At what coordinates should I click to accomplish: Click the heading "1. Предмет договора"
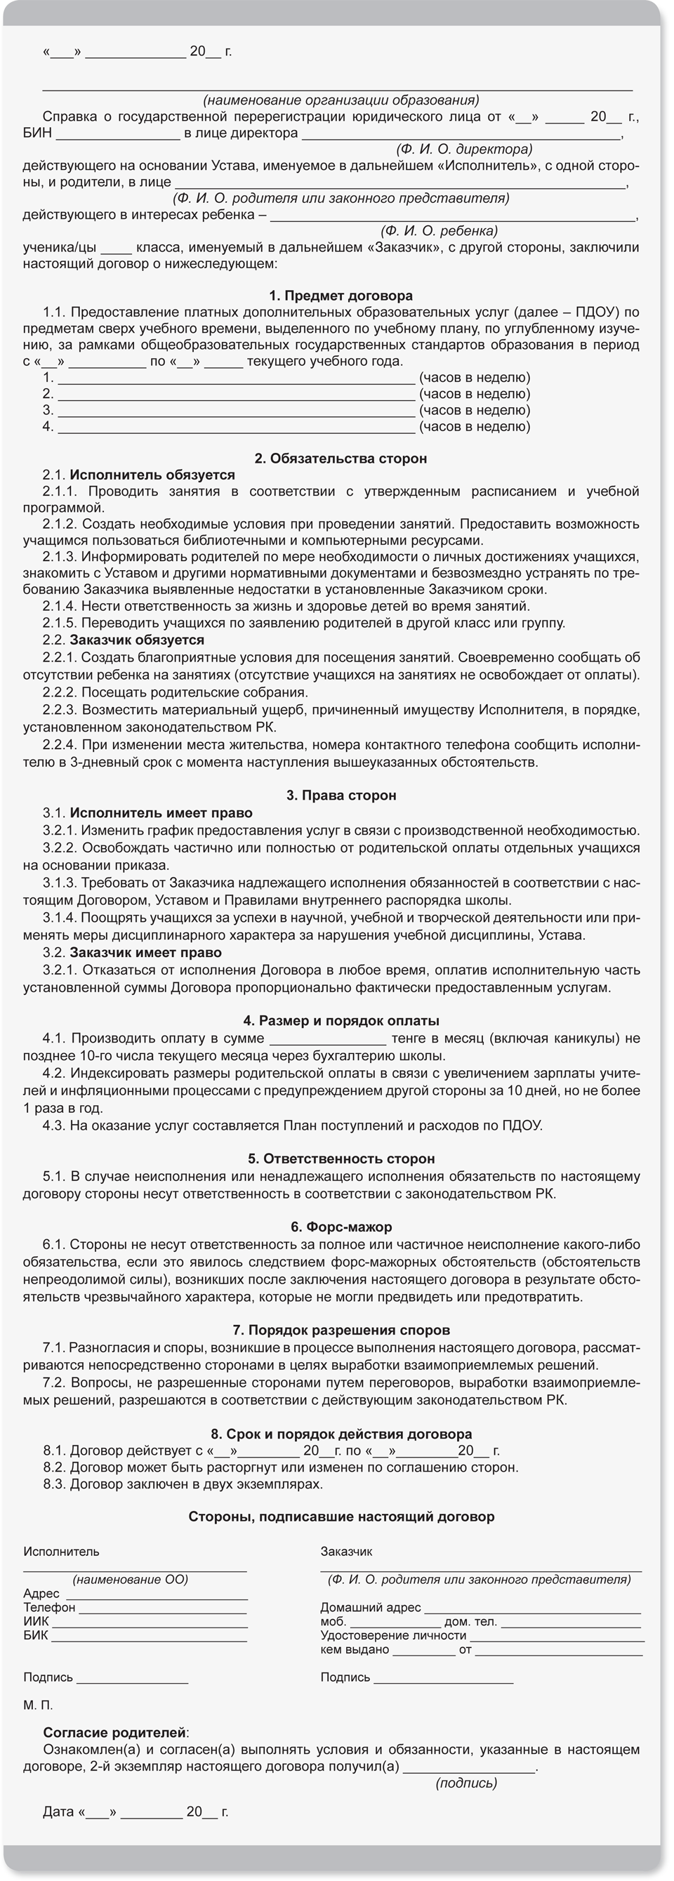(341, 296)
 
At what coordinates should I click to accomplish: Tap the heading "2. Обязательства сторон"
(341, 458)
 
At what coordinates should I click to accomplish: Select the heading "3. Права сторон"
(341, 796)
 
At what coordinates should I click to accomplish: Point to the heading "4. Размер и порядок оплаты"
(341, 1021)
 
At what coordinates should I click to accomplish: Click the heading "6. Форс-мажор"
(341, 1227)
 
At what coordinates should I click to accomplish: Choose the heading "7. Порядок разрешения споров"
(341, 1331)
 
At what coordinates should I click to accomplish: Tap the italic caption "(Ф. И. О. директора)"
(464, 150)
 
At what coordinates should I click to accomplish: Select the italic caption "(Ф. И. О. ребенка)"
(439, 231)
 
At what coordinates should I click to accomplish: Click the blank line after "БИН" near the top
(117, 134)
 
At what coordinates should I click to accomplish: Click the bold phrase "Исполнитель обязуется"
(152, 475)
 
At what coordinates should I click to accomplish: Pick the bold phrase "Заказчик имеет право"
(145, 953)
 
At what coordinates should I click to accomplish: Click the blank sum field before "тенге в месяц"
(327, 1039)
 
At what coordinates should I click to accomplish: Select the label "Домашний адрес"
(370, 1607)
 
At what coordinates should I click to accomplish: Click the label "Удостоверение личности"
(393, 1636)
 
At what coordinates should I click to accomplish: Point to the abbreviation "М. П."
(38, 1705)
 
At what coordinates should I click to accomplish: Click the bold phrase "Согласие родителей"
(114, 1733)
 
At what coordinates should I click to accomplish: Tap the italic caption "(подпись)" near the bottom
(466, 1783)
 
